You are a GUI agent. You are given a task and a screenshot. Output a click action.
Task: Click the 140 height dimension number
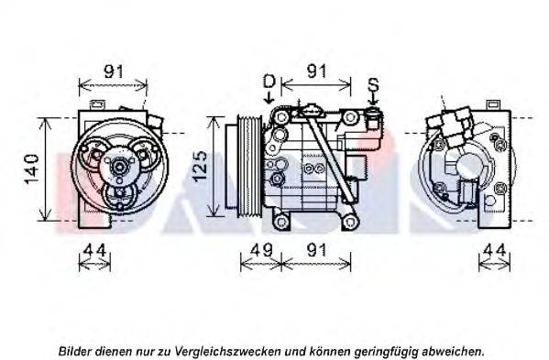click(32, 169)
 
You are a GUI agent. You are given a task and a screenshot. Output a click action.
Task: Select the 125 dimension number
click(201, 166)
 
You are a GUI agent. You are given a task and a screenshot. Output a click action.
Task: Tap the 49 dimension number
click(261, 250)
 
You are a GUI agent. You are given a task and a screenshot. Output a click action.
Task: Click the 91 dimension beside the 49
click(316, 250)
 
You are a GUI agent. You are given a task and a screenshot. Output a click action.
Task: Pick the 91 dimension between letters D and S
click(316, 71)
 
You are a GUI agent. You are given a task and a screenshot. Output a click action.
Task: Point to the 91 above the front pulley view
click(114, 71)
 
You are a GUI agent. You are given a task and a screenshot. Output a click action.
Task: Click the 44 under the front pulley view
click(95, 250)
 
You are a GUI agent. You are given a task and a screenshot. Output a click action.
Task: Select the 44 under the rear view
click(495, 250)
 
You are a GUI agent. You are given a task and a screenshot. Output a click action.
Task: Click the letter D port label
click(269, 82)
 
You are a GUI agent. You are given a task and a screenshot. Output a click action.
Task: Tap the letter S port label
click(374, 84)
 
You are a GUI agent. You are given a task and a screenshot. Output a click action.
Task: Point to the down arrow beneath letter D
click(269, 97)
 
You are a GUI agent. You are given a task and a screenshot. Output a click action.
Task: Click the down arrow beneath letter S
click(374, 99)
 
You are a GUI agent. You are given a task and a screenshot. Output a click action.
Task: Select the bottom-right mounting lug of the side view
click(349, 222)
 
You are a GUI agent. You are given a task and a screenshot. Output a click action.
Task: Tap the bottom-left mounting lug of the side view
click(281, 222)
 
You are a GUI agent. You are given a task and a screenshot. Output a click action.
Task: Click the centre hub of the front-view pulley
click(119, 168)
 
